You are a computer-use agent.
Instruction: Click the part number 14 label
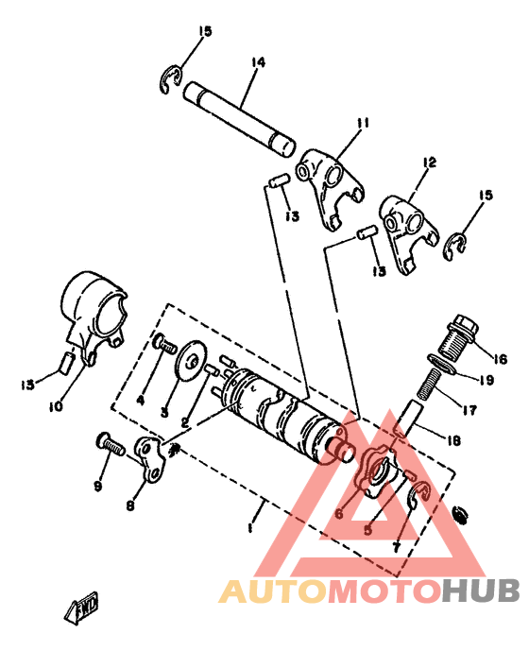257,63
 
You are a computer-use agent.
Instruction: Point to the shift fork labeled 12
406,228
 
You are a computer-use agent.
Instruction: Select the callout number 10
56,407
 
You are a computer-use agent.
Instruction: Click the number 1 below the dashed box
249,530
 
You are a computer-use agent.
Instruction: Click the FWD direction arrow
86,608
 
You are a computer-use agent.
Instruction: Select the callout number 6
337,515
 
